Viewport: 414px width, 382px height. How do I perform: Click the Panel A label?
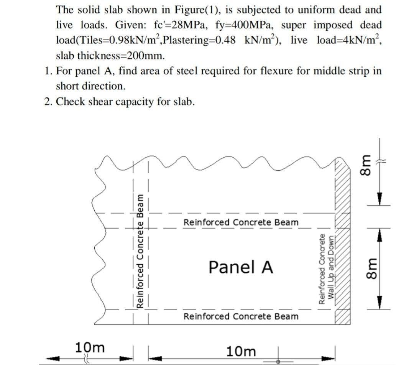pos(241,267)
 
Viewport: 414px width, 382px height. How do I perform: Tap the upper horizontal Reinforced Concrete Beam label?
pos(241,222)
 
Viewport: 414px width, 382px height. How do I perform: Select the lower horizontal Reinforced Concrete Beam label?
pos(241,316)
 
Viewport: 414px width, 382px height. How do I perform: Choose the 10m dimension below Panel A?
pos(241,351)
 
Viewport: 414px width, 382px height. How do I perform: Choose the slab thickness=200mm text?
pos(111,56)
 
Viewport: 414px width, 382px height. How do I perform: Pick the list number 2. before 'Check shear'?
pos(48,102)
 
